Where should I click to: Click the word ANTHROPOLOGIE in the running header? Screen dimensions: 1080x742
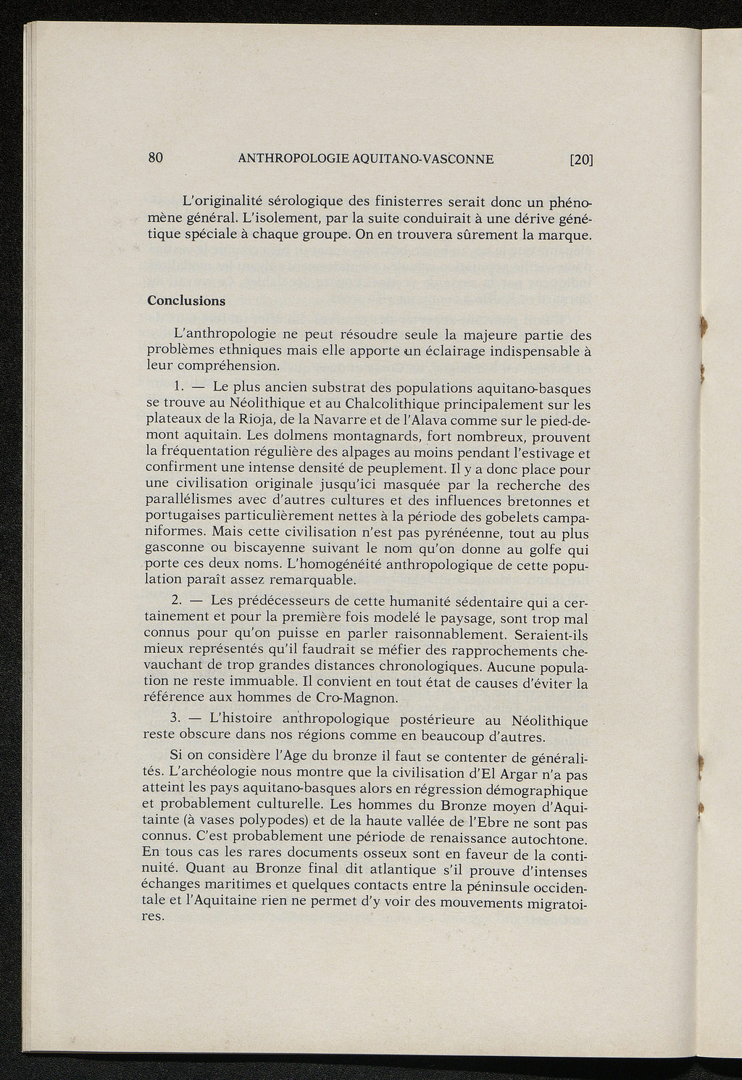point(293,159)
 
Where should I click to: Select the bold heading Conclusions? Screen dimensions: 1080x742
point(186,301)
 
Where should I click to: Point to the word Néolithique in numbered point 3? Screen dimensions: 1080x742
point(549,720)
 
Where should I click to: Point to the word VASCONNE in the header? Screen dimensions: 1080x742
point(455,159)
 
